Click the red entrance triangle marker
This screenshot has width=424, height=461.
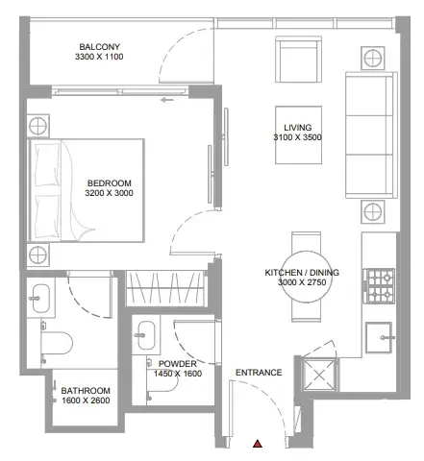[258, 444]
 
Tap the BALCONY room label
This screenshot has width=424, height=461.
[99, 47]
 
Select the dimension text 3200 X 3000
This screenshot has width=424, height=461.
[109, 193]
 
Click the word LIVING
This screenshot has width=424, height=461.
[298, 128]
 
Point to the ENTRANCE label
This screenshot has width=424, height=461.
[259, 373]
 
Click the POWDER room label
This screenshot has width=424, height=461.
[178, 364]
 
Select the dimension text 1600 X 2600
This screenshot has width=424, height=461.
[86, 400]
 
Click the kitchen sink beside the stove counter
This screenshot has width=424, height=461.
[379, 337]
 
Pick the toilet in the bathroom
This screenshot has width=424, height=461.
[57, 343]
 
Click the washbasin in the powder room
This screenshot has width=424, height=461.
[146, 335]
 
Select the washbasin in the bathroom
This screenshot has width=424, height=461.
[40, 299]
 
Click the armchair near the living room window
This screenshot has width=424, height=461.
[298, 60]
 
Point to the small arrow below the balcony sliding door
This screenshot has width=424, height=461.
[167, 100]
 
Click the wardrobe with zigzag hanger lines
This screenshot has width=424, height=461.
[165, 288]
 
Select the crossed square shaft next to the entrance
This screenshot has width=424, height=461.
[319, 375]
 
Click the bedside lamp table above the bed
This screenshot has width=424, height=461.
[37, 126]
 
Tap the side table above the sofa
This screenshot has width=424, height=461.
[372, 59]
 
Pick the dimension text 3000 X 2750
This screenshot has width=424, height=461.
[302, 282]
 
